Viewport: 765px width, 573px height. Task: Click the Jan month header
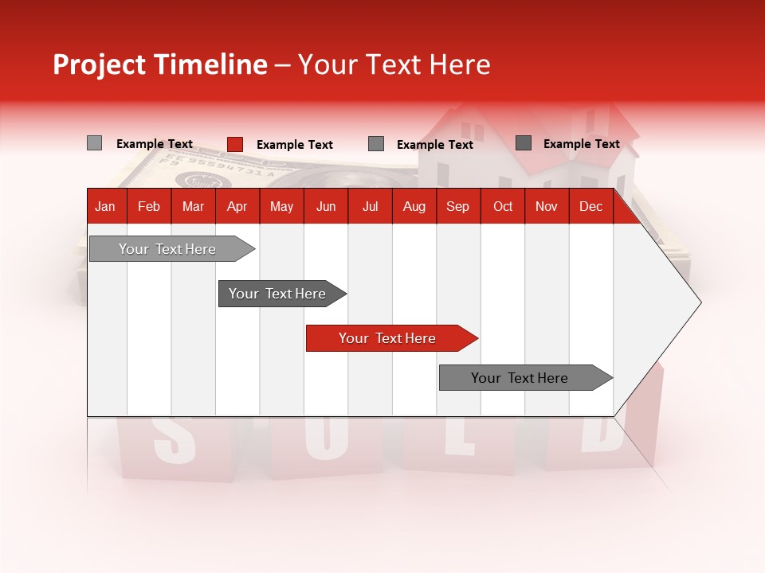click(x=105, y=207)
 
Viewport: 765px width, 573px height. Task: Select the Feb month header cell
click(x=149, y=207)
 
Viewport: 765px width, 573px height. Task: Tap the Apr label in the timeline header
click(x=237, y=207)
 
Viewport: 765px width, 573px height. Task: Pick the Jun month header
click(x=326, y=207)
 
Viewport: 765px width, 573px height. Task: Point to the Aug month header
click(x=414, y=207)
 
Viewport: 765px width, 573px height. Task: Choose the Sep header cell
click(x=457, y=207)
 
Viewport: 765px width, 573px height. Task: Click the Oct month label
click(x=503, y=207)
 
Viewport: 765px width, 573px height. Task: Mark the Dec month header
click(x=590, y=207)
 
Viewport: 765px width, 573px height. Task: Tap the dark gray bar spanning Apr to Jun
click(x=279, y=294)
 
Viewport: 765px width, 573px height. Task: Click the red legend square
click(x=234, y=144)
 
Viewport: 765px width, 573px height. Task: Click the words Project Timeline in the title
click(x=159, y=64)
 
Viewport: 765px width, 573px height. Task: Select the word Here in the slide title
click(x=460, y=64)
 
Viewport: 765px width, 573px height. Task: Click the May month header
click(x=281, y=207)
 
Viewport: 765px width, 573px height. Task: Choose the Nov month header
click(x=546, y=207)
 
